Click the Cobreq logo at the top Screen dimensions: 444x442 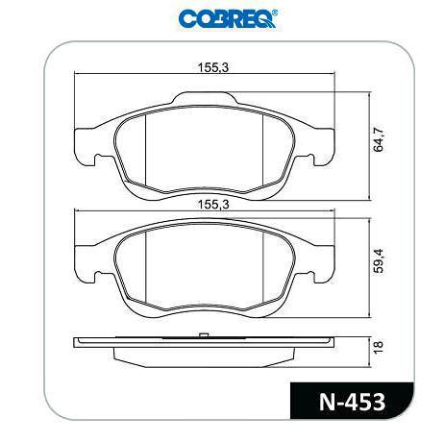pos(228,19)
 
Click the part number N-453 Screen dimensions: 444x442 pos(352,402)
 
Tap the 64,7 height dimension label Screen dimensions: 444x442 pos(379,139)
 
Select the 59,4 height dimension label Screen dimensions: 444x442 pos(379,260)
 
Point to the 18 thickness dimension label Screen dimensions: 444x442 pos(379,348)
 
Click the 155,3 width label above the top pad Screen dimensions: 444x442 pos(213,67)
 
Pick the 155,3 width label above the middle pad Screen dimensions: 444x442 pos(213,205)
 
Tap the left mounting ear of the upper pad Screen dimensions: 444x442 pos(90,146)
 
